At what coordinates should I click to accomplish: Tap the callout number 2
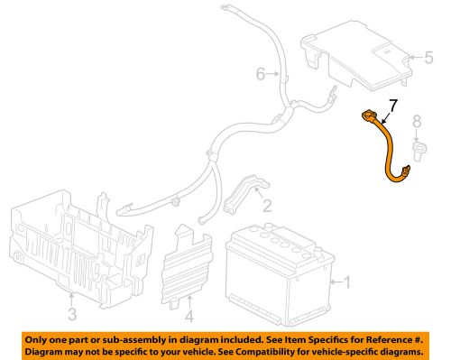click(x=266, y=206)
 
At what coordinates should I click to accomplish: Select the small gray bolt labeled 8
click(x=418, y=147)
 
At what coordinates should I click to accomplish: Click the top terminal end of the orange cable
click(x=369, y=115)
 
